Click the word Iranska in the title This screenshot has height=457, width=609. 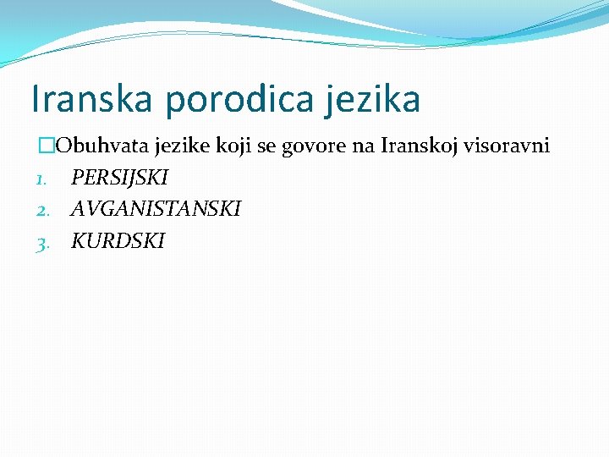click(92, 99)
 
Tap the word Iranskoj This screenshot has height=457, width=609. click(418, 146)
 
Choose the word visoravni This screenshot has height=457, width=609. click(507, 146)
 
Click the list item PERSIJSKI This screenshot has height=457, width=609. click(119, 178)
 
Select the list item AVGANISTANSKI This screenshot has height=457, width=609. click(156, 208)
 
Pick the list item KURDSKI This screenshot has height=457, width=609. click(118, 240)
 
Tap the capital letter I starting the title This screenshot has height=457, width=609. click(35, 99)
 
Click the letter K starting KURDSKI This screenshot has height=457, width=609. click(78, 240)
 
